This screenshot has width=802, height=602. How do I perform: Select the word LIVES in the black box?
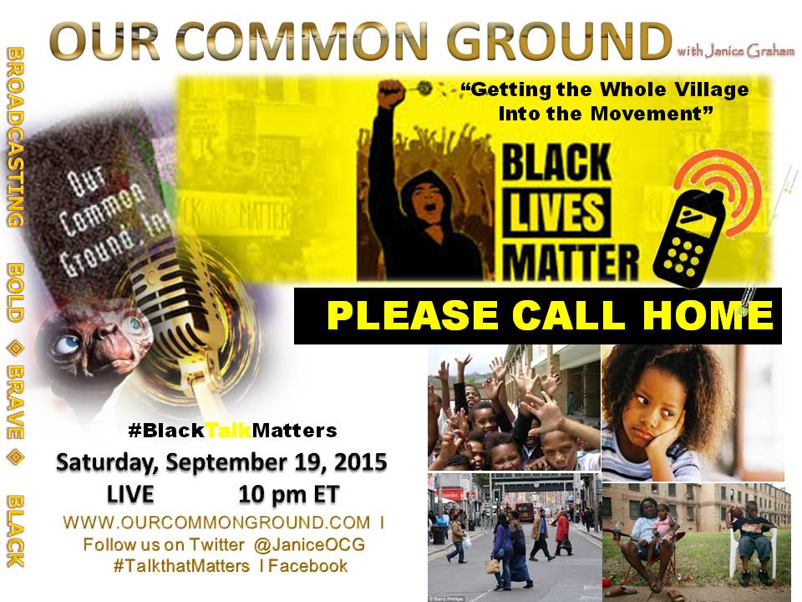click(x=556, y=212)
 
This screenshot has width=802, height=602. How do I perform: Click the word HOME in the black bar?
click(x=708, y=315)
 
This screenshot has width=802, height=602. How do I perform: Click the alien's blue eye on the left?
click(x=67, y=344)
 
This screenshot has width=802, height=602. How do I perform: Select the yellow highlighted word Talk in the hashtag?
click(x=229, y=431)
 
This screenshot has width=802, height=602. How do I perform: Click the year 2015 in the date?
click(x=360, y=462)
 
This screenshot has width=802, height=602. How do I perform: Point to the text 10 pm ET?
click(x=288, y=495)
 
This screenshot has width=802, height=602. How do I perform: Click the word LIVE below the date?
click(x=130, y=495)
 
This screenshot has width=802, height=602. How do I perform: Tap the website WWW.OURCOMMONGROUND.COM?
click(x=217, y=523)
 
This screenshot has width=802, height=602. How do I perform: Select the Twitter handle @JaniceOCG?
click(x=309, y=544)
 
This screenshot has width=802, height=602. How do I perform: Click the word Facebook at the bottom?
click(x=308, y=566)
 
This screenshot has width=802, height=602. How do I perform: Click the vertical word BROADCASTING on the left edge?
click(x=15, y=136)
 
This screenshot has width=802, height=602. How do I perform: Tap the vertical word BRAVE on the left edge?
click(x=15, y=402)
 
